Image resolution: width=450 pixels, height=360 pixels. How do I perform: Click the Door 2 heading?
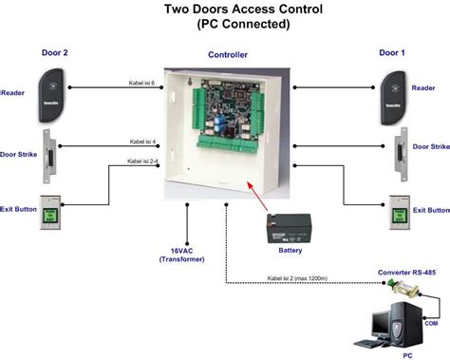point(55,53)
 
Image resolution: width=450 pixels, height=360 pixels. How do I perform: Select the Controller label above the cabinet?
point(228,56)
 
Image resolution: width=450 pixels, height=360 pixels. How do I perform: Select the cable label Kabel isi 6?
point(143,84)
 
